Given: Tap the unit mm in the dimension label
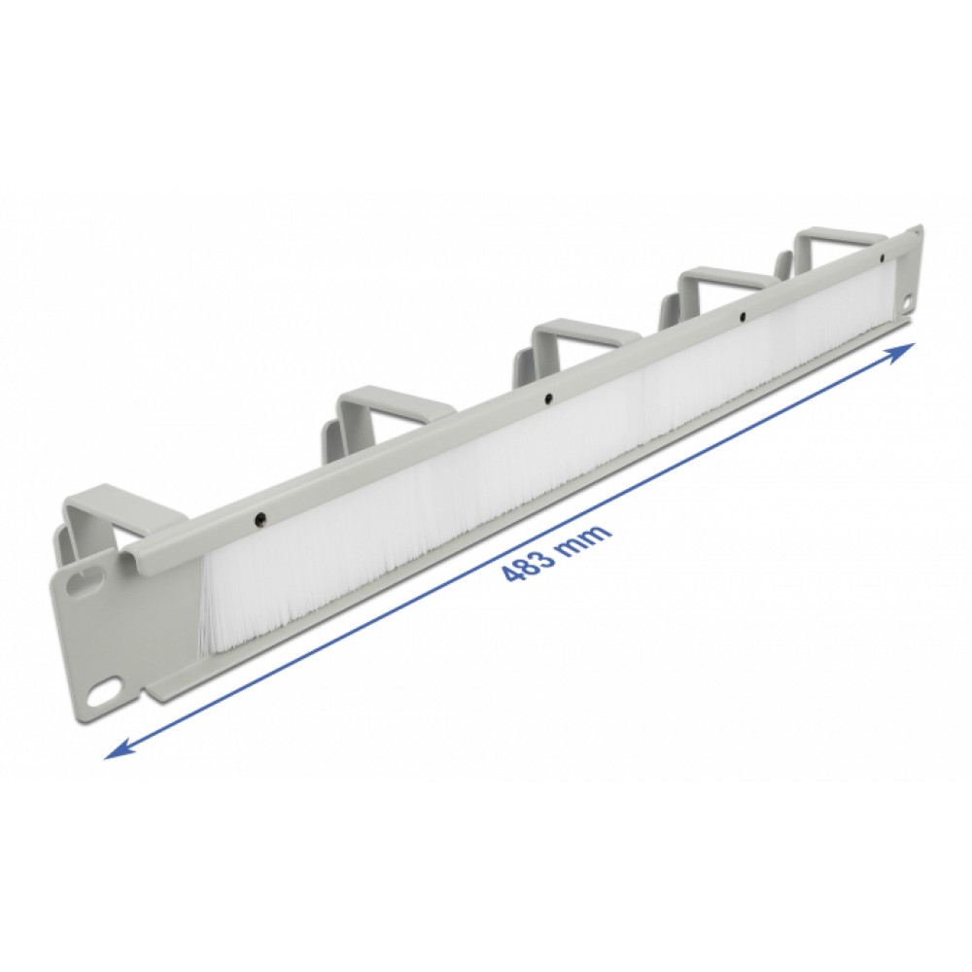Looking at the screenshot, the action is click(586, 533).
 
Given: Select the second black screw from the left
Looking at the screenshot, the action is click(548, 399).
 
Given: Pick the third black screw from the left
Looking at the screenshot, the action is click(742, 318).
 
